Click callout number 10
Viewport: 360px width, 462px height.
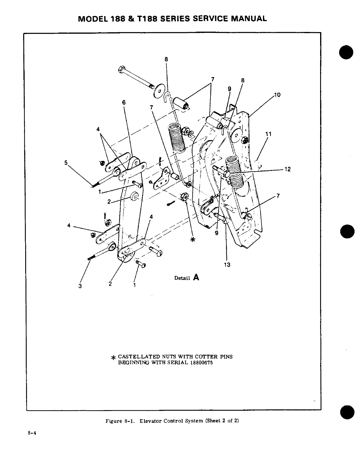tap(277, 95)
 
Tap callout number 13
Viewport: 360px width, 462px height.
tap(227, 265)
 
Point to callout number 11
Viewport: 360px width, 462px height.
tap(268, 134)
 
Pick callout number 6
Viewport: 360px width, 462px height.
tap(124, 102)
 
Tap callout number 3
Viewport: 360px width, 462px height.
tap(80, 286)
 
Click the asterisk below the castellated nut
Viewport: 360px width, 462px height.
tap(193, 240)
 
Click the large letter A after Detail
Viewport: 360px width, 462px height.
tap(196, 277)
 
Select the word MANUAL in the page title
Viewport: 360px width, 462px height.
tap(249, 19)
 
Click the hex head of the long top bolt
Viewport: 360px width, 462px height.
tap(121, 70)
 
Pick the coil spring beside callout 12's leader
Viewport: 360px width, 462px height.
tap(235, 173)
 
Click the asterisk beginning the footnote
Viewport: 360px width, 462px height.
tap(113, 358)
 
